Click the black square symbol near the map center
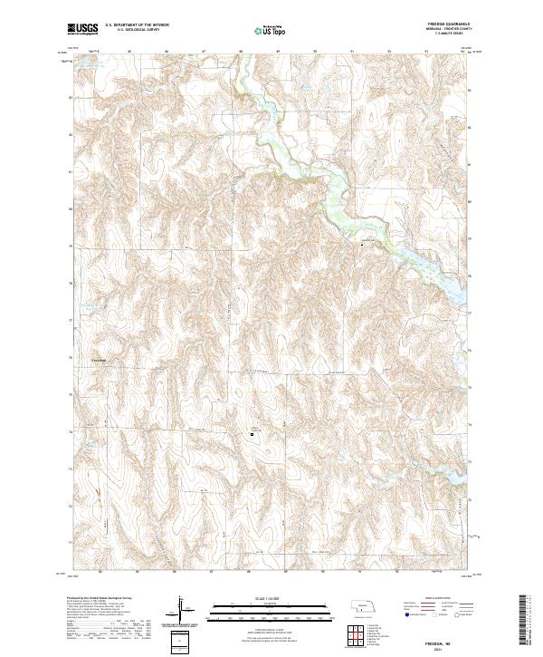coord(252,435)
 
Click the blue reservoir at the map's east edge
coord(450,283)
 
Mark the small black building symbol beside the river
coord(364,245)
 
